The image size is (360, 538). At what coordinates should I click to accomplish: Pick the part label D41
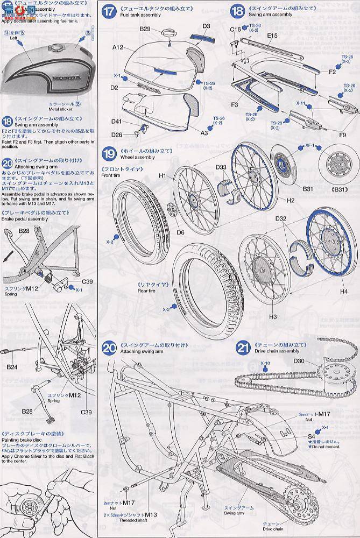click(x=117, y=123)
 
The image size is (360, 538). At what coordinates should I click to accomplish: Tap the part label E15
click(x=272, y=35)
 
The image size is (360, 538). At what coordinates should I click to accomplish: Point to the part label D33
click(x=221, y=167)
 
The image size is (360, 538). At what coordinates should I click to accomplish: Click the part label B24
click(x=12, y=367)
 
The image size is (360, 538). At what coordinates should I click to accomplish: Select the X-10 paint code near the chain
click(x=265, y=363)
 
